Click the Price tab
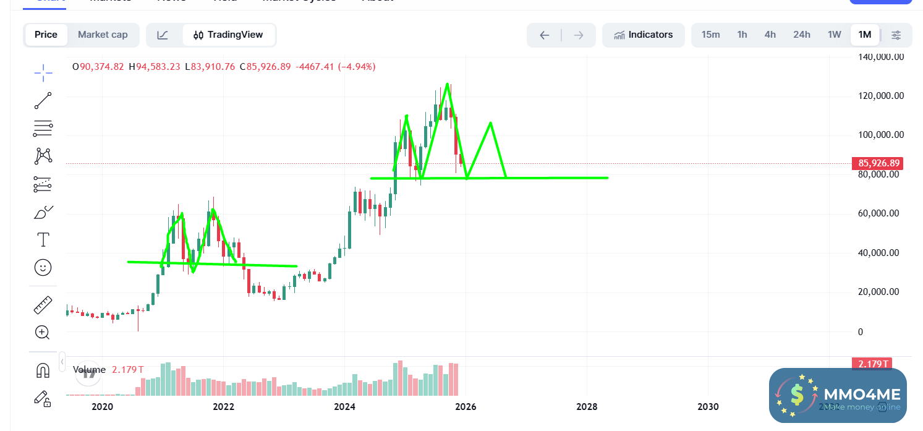(x=46, y=35)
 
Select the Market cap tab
(x=103, y=35)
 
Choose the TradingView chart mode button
(x=229, y=35)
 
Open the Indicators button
(x=644, y=35)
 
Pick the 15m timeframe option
(x=710, y=35)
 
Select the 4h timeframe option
(x=770, y=35)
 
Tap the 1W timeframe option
(x=834, y=35)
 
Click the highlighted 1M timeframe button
(x=865, y=35)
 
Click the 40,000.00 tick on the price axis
(x=881, y=253)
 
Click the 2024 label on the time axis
(x=344, y=406)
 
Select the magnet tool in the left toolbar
(x=43, y=370)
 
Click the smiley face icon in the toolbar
(x=43, y=267)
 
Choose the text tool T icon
(x=43, y=239)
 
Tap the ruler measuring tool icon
(x=43, y=305)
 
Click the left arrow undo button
(x=544, y=35)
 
